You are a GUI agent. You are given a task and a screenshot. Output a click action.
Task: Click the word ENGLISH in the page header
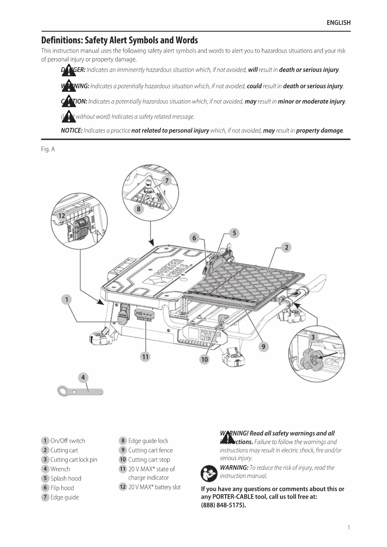pyautogui.click(x=338, y=23)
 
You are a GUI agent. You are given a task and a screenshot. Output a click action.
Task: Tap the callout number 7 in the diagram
pyautogui.click(x=167, y=181)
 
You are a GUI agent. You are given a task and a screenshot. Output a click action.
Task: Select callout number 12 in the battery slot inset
pyautogui.click(x=62, y=216)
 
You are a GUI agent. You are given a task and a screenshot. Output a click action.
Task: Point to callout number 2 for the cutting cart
pyautogui.click(x=286, y=248)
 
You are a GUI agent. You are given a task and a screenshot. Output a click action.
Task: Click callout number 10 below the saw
pyautogui.click(x=204, y=360)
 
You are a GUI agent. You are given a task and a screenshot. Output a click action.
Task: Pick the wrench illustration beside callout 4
pyautogui.click(x=80, y=391)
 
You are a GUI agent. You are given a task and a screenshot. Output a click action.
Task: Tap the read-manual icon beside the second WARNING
pyautogui.click(x=209, y=473)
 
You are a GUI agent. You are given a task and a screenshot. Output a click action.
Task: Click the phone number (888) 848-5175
pyautogui.click(x=223, y=505)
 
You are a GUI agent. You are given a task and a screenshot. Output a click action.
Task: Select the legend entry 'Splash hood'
pyautogui.click(x=65, y=478)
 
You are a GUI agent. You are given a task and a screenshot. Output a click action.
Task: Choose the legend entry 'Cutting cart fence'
pyautogui.click(x=150, y=450)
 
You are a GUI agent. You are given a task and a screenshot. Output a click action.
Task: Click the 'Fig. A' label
pyautogui.click(x=48, y=149)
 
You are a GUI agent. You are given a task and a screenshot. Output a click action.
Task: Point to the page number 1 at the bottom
pyautogui.click(x=349, y=527)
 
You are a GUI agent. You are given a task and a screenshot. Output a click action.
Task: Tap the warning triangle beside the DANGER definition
pyautogui.click(x=69, y=71)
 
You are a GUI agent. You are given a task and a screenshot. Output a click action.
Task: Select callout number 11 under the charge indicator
pyautogui.click(x=146, y=357)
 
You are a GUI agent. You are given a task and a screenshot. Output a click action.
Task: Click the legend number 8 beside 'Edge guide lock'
pyautogui.click(x=123, y=441)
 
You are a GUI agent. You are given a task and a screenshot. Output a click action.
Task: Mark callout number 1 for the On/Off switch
pyautogui.click(x=66, y=300)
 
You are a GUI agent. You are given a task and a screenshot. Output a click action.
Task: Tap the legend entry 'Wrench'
pyautogui.click(x=60, y=469)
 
